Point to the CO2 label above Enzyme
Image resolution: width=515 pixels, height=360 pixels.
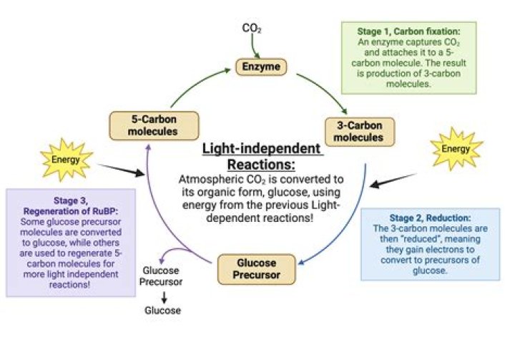point(251,29)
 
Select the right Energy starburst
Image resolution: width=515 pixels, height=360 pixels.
point(456,149)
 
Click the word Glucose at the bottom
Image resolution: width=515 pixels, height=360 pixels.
point(163,311)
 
